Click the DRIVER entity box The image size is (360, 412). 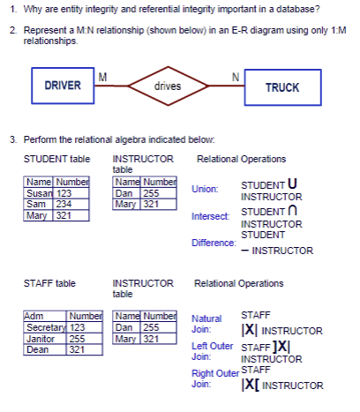point(63,86)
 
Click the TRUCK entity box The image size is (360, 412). point(281,87)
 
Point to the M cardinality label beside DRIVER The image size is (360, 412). point(102,76)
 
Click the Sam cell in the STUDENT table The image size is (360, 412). point(37,202)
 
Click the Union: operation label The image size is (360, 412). point(204,190)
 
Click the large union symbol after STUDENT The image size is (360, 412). point(291,184)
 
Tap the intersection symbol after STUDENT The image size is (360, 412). point(289,211)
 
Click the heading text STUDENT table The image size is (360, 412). point(56,159)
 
